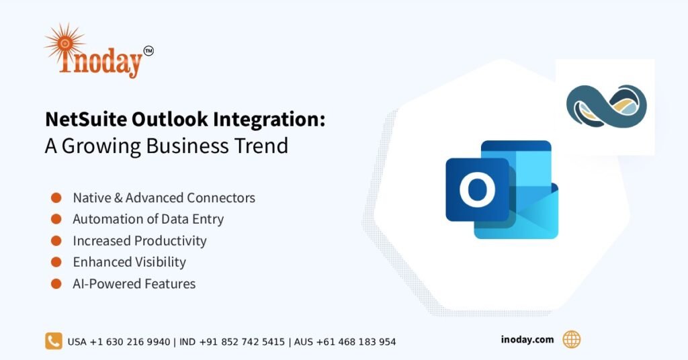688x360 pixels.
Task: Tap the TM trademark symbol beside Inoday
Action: (x=148, y=50)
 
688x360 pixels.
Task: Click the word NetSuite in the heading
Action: (x=85, y=120)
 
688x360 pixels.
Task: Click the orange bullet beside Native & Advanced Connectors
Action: (x=56, y=197)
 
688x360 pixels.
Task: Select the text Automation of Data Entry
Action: (x=148, y=219)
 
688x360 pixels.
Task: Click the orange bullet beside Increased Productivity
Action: (x=56, y=240)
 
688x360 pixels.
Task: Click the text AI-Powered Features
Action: (x=134, y=283)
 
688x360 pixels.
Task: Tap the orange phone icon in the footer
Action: (x=54, y=341)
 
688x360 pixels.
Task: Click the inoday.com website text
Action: (x=527, y=340)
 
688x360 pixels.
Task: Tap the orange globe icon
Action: (x=571, y=340)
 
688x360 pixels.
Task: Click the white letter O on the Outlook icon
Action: (x=477, y=190)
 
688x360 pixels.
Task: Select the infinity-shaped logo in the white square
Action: (x=605, y=107)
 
